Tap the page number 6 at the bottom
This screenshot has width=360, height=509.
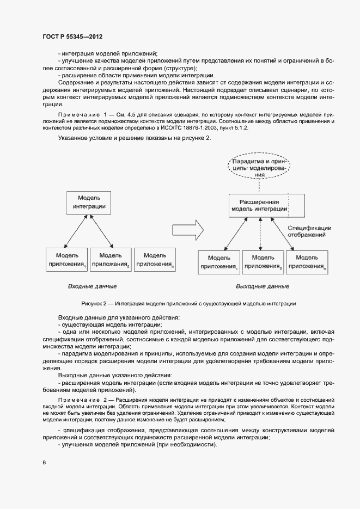tap(44, 462)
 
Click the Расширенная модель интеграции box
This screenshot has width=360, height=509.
tap(259, 205)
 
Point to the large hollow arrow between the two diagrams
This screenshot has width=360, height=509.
tap(194, 229)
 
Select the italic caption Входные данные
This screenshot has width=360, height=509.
tap(92, 286)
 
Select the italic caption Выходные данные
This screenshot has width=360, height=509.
tap(263, 286)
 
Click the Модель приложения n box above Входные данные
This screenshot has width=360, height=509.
tap(154, 259)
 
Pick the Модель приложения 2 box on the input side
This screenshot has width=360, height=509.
tap(111, 259)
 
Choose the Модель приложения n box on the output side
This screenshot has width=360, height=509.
tap(307, 262)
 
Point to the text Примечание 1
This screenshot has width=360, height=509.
tap(78, 115)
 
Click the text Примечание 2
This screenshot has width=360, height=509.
tap(78, 400)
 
